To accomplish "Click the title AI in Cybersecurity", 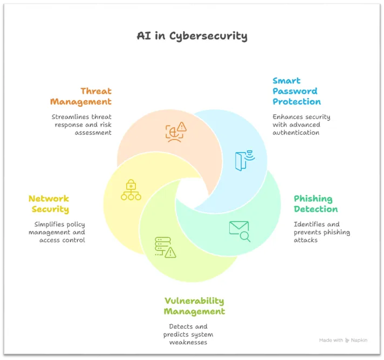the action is [192, 36].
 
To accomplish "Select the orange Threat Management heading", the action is [81, 96].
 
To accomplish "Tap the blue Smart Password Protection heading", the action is [297, 91].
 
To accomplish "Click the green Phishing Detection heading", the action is [316, 204].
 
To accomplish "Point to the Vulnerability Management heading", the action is [194, 306].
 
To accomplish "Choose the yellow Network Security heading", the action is [49, 204].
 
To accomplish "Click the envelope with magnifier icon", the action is [239, 231].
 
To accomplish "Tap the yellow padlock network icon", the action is [131, 190].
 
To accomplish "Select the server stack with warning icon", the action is [166, 247].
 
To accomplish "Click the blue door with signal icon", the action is [245, 161].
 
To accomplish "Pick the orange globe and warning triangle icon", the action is [176, 132].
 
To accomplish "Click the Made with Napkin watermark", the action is [343, 340].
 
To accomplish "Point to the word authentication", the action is [296, 133].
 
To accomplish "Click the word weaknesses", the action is [188, 342].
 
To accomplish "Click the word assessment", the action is [93, 133].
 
